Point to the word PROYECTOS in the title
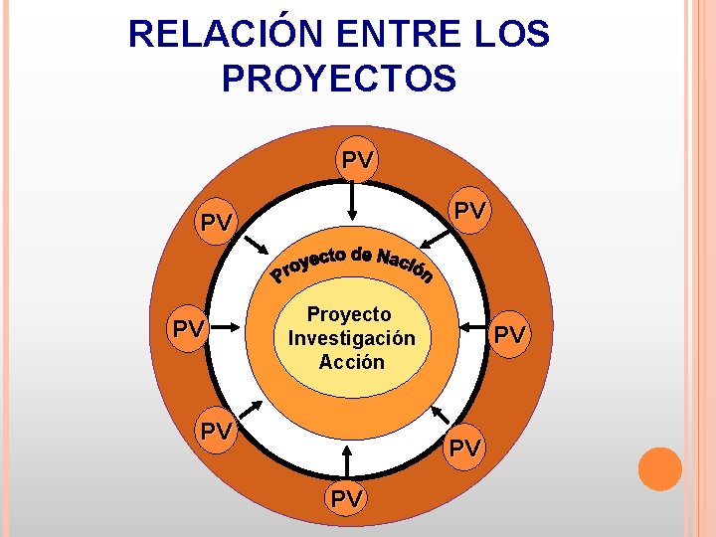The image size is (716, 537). click(x=339, y=79)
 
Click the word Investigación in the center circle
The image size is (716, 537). click(x=351, y=338)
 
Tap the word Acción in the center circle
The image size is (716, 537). click(x=351, y=362)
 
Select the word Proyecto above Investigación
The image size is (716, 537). click(x=349, y=314)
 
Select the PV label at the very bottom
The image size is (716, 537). click(x=347, y=498)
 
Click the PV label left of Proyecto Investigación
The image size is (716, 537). click(x=189, y=327)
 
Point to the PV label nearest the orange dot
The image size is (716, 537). click(x=463, y=447)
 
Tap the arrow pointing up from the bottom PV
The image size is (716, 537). click(x=346, y=462)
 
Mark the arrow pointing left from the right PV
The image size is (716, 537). click(x=476, y=326)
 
